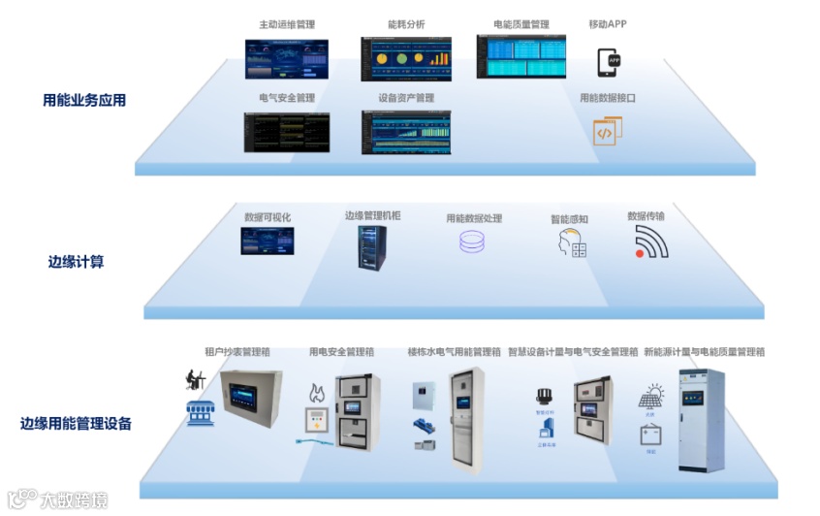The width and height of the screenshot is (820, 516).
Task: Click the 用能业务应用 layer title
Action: tap(84, 100)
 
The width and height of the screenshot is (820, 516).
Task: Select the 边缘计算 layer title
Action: tap(76, 262)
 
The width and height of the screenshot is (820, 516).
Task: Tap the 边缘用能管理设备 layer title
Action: tap(76, 423)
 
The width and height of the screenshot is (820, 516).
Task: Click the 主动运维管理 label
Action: tap(286, 24)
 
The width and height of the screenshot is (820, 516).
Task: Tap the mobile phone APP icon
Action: tap(608, 62)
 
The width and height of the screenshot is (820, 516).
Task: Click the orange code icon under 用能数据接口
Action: tap(607, 132)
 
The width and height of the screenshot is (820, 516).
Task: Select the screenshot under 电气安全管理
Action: tap(286, 132)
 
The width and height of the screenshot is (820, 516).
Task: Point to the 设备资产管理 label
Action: tap(406, 98)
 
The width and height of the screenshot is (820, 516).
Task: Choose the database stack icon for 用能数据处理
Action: tap(471, 242)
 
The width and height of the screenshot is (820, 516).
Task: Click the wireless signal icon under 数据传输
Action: tap(651, 242)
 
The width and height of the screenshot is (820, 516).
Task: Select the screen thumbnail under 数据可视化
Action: tap(267, 241)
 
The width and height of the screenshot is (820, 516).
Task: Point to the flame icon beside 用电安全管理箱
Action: tap(315, 393)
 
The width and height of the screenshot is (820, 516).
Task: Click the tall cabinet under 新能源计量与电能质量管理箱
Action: tap(701, 419)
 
